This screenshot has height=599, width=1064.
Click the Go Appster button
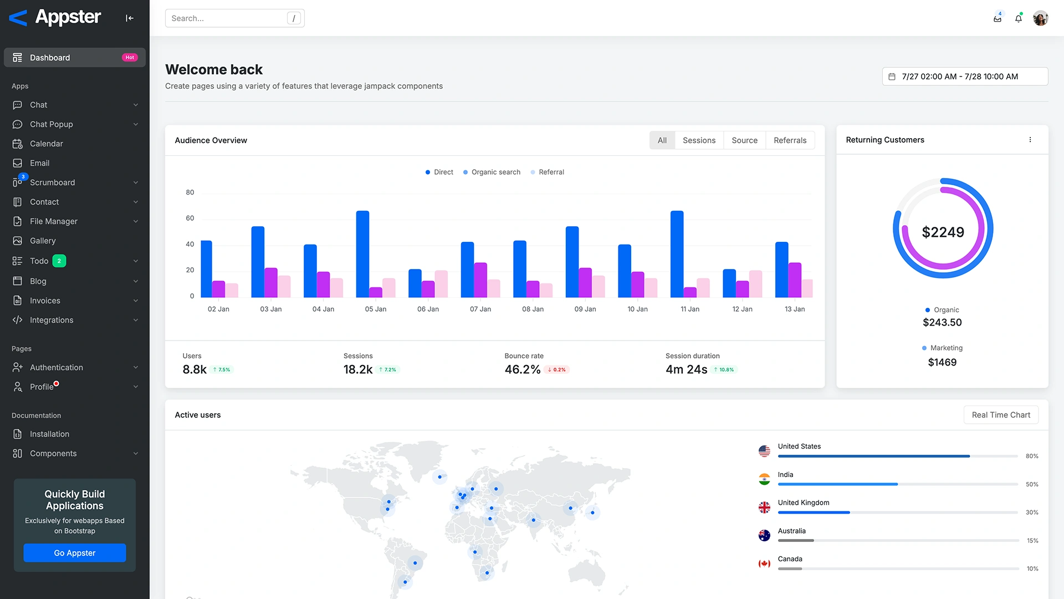pos(74,553)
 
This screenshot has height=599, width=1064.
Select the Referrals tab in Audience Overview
pos(790,140)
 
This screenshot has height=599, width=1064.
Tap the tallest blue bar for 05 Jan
pos(362,254)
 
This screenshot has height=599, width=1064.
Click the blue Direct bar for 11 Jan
pos(677,254)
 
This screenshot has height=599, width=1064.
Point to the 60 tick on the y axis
pos(190,219)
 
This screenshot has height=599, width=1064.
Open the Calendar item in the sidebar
pos(47,144)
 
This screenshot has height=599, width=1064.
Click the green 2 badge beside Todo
pos(59,261)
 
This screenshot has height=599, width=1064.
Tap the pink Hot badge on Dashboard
pos(130,58)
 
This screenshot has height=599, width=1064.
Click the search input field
pos(227,18)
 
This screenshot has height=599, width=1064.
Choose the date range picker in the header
pos(964,77)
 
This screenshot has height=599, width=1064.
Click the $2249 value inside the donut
pos(943,232)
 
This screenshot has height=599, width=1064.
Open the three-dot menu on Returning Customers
pos(1030,140)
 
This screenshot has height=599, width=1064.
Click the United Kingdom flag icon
pos(764,507)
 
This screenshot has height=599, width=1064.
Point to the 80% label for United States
pos(1031,456)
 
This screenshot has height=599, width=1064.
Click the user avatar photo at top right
pos(1040,18)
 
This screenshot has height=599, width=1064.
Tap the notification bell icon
pos(1018,18)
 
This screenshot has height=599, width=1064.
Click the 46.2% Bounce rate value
pos(522,369)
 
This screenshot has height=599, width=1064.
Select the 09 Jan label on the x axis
pos(585,309)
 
